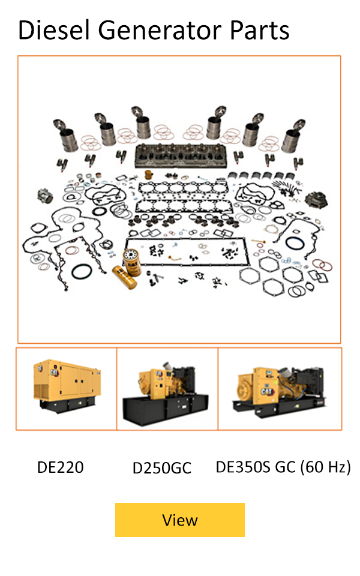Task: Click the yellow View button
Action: click(x=179, y=520)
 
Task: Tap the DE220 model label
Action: click(x=60, y=467)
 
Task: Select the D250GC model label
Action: click(x=161, y=468)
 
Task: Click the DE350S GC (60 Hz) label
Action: click(x=283, y=467)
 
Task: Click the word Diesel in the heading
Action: click(x=54, y=30)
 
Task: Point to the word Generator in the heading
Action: click(x=160, y=30)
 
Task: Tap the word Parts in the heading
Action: click(x=260, y=30)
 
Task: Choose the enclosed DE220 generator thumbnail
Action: click(x=67, y=385)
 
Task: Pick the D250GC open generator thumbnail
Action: click(x=166, y=395)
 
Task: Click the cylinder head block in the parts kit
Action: click(x=181, y=155)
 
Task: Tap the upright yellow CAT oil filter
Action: click(x=132, y=262)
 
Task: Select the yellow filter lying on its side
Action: click(x=125, y=277)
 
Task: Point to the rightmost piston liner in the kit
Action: click(x=293, y=136)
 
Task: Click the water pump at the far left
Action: click(x=46, y=196)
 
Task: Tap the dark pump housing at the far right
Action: click(x=316, y=200)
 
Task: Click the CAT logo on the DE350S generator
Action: click(x=266, y=391)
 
